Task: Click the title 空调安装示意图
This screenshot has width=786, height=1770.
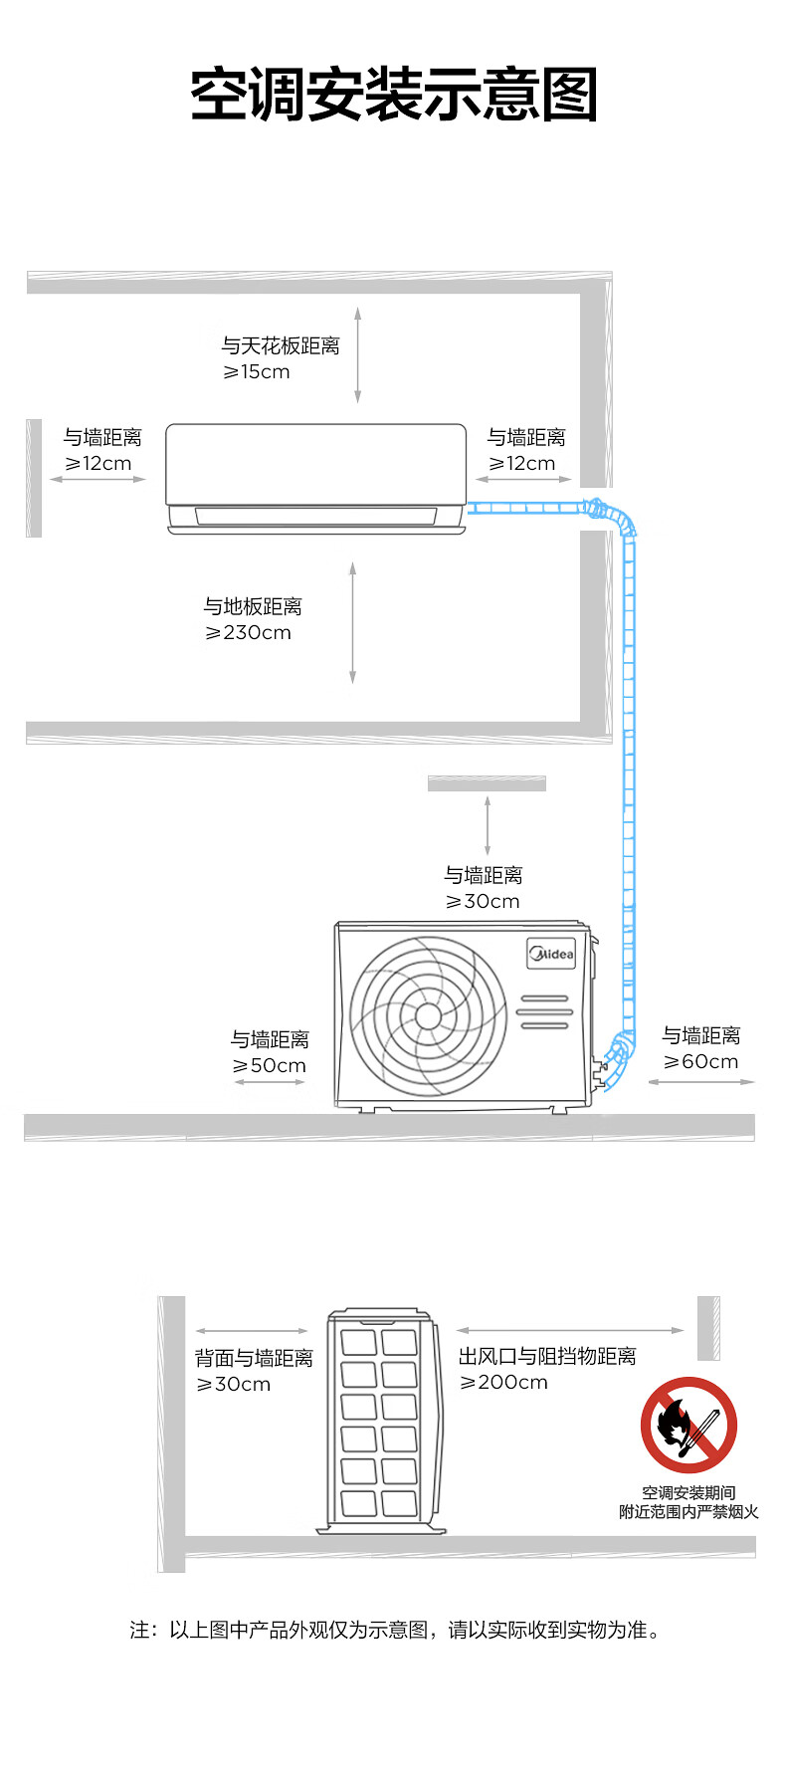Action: coord(394,96)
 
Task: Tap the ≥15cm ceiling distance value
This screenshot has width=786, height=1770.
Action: coord(256,372)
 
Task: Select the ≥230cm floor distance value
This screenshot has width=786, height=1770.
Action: coord(248,633)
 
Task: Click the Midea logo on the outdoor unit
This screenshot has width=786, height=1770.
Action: coord(551,954)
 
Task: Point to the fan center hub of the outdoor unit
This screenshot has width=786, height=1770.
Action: coord(428,1015)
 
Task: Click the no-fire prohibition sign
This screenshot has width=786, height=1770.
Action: coord(688,1425)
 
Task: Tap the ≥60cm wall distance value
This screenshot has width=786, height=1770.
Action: coord(701,1062)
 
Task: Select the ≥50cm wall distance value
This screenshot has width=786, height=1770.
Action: coord(269,1066)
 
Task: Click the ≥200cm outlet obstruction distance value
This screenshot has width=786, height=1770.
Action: coord(503,1383)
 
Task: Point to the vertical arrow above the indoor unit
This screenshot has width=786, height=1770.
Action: coord(357,355)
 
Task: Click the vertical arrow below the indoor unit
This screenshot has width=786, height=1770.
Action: coord(352,622)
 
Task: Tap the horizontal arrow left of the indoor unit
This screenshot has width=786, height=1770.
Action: coord(98,479)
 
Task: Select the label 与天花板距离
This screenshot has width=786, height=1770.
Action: coord(281,345)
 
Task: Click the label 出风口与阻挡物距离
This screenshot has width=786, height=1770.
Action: coord(547,1356)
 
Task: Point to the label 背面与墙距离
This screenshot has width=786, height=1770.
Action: coord(254,1358)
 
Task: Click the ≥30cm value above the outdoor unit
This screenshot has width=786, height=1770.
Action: coord(483,902)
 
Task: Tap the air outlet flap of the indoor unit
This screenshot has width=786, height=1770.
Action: coord(315,516)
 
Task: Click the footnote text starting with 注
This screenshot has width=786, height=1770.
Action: coord(395,1630)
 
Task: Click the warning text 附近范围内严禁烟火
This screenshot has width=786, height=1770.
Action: coord(688,1512)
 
